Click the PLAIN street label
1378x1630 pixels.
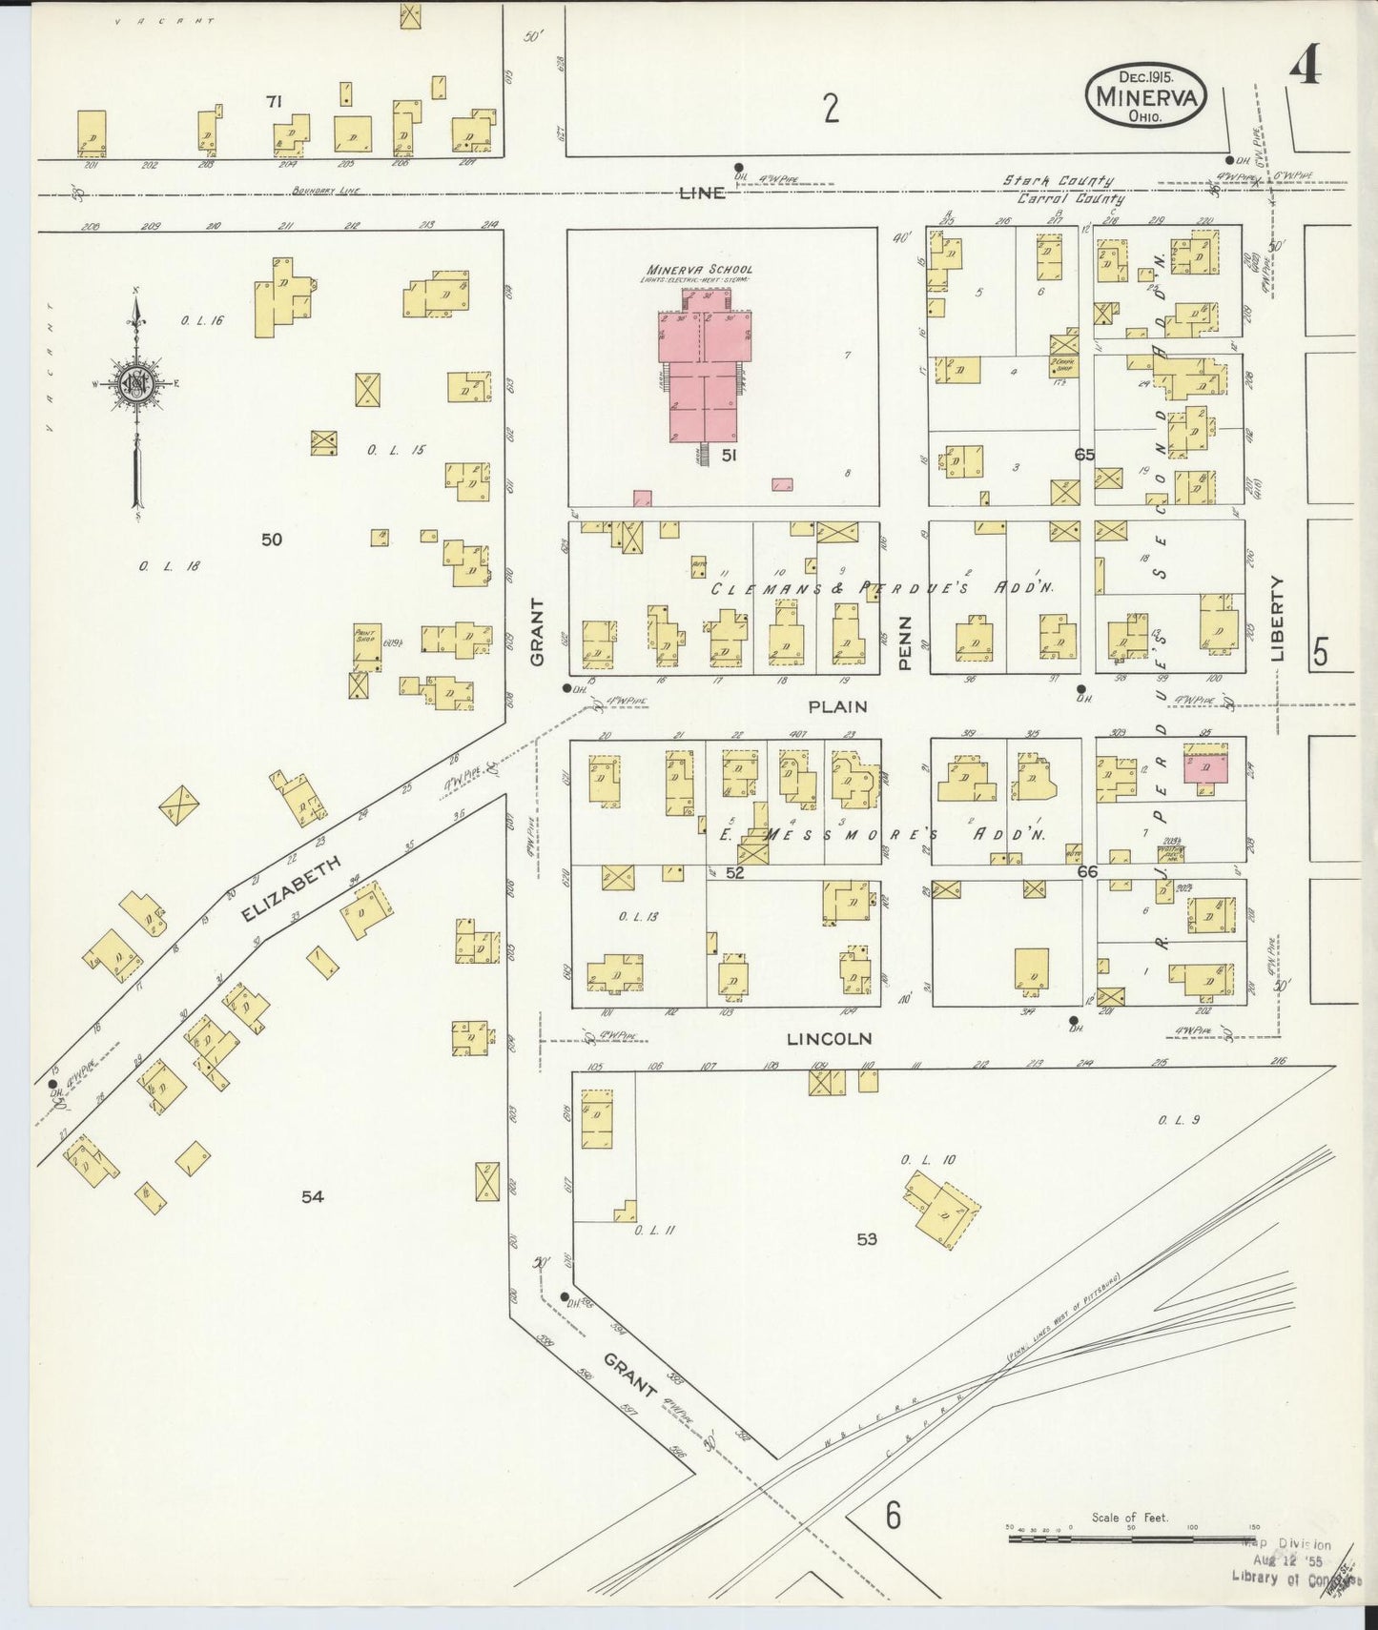point(837,706)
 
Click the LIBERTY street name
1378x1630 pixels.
point(1277,619)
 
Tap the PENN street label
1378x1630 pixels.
point(905,642)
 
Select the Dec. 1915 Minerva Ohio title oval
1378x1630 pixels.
point(1145,95)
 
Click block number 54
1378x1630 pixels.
point(313,1196)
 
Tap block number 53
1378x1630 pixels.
point(866,1239)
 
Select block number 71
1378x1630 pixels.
point(275,102)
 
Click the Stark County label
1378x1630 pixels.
point(1057,181)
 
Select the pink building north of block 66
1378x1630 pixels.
point(1204,767)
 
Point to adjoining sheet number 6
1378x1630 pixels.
point(892,1514)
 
